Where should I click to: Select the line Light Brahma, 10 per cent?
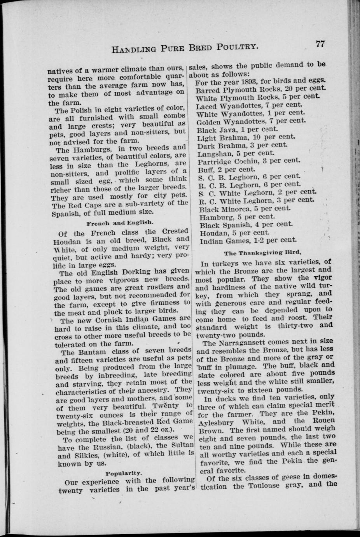pyautogui.click(x=246, y=137)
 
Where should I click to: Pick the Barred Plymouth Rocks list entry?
pyautogui.click(x=261, y=89)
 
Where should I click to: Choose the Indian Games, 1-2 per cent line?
pyautogui.click(x=248, y=240)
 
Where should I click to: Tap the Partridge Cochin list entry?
pyautogui.click(x=249, y=161)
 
